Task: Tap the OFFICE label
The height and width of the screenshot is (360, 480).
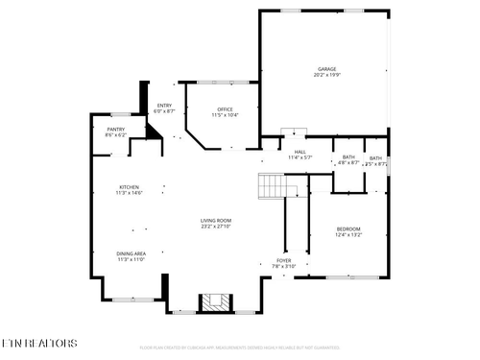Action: [225, 109]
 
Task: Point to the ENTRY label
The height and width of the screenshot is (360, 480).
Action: [164, 106]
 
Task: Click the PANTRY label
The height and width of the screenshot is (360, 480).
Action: [115, 129]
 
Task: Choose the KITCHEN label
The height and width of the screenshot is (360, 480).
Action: [129, 187]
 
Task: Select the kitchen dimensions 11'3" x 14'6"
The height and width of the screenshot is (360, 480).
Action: [129, 193]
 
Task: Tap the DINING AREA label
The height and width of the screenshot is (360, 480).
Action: [131, 253]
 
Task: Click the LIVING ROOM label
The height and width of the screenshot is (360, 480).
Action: [216, 221]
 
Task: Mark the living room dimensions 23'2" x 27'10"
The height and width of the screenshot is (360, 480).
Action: [216, 227]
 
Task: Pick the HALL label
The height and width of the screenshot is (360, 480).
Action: [300, 152]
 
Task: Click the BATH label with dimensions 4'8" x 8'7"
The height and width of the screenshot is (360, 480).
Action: [348, 157]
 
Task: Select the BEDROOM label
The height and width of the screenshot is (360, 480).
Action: [348, 228]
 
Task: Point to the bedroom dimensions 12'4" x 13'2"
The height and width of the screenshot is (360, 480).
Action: [348, 233]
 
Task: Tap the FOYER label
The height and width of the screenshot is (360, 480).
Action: [284, 260]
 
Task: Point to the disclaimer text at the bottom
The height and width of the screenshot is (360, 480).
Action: [240, 348]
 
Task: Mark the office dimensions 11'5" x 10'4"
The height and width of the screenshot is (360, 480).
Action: [225, 115]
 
